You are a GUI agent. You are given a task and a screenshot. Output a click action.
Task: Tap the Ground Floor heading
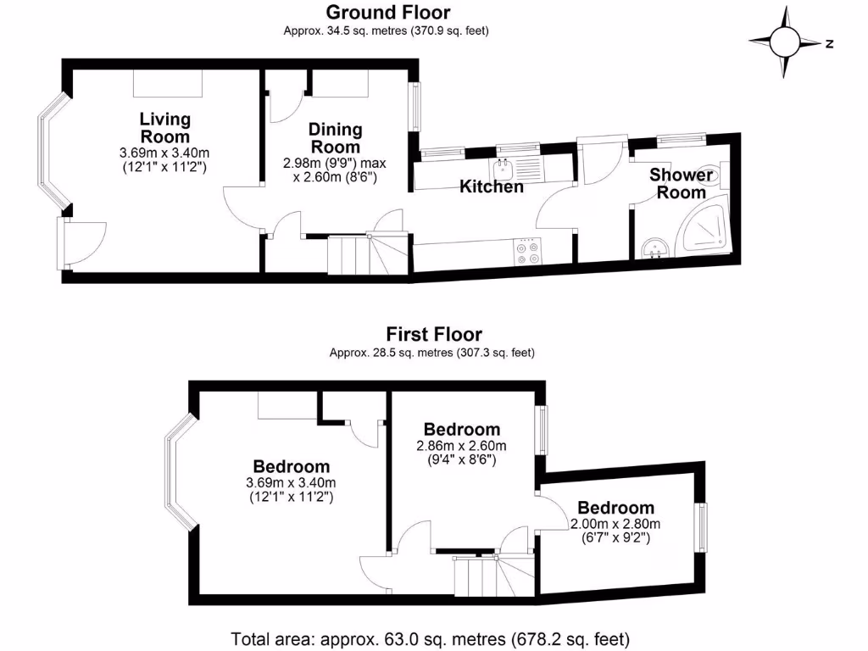click(x=387, y=12)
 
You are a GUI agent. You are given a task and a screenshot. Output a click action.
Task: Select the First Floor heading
click(x=433, y=334)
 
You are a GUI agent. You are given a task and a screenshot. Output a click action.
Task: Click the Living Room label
click(x=164, y=127)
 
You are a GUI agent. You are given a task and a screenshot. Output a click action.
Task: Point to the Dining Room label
click(x=335, y=137)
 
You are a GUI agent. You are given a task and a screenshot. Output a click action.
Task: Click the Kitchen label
click(x=491, y=186)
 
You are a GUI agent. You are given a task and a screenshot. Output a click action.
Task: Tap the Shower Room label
click(x=682, y=183)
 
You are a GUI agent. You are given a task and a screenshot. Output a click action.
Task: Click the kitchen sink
click(x=504, y=164)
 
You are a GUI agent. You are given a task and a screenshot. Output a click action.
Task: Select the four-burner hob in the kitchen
click(x=529, y=252)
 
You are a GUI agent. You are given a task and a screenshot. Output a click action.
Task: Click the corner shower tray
click(x=704, y=223)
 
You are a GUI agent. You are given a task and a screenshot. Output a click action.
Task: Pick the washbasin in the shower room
click(x=654, y=248)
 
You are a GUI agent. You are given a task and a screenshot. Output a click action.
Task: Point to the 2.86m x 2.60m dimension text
click(x=461, y=453)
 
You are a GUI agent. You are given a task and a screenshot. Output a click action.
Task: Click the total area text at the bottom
click(x=431, y=638)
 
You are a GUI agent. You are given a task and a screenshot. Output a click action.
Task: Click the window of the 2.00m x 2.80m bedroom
click(x=701, y=526)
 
